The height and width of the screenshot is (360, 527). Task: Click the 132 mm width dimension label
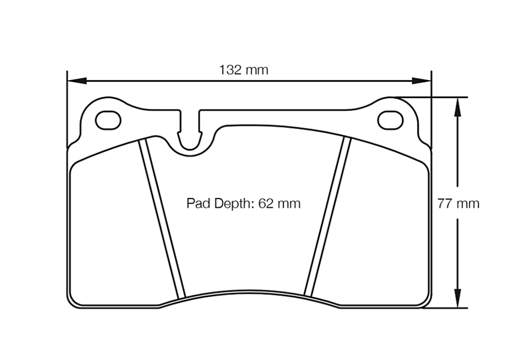click(243, 69)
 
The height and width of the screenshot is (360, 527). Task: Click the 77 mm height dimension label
click(458, 203)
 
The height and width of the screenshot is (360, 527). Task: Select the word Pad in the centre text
click(196, 203)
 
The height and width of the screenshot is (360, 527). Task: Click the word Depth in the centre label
click(231, 204)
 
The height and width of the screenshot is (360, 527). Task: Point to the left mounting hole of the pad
click(108, 120)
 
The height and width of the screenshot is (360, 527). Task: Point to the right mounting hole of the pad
click(390, 120)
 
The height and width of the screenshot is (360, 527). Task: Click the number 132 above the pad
click(231, 69)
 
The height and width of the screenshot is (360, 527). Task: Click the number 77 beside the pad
click(445, 203)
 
